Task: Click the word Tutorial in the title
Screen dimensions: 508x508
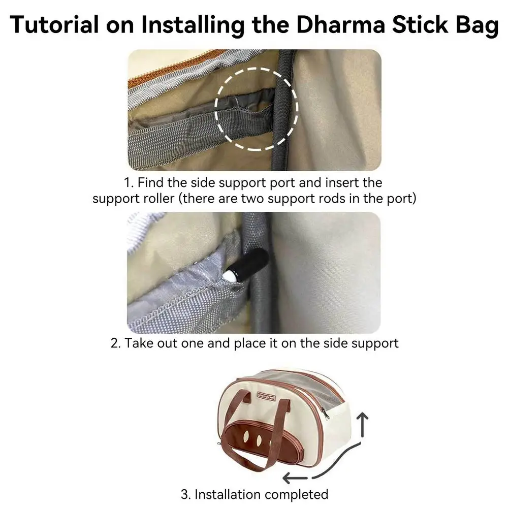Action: (x=54, y=24)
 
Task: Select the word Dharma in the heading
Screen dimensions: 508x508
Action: (x=340, y=24)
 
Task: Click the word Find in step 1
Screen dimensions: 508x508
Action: (x=150, y=182)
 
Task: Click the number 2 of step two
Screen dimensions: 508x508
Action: (x=114, y=343)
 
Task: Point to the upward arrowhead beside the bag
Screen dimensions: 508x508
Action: (x=363, y=417)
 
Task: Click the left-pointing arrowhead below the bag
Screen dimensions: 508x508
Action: (x=288, y=478)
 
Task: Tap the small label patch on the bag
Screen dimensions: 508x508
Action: (x=266, y=395)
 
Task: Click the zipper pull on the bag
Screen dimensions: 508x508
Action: (x=325, y=414)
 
